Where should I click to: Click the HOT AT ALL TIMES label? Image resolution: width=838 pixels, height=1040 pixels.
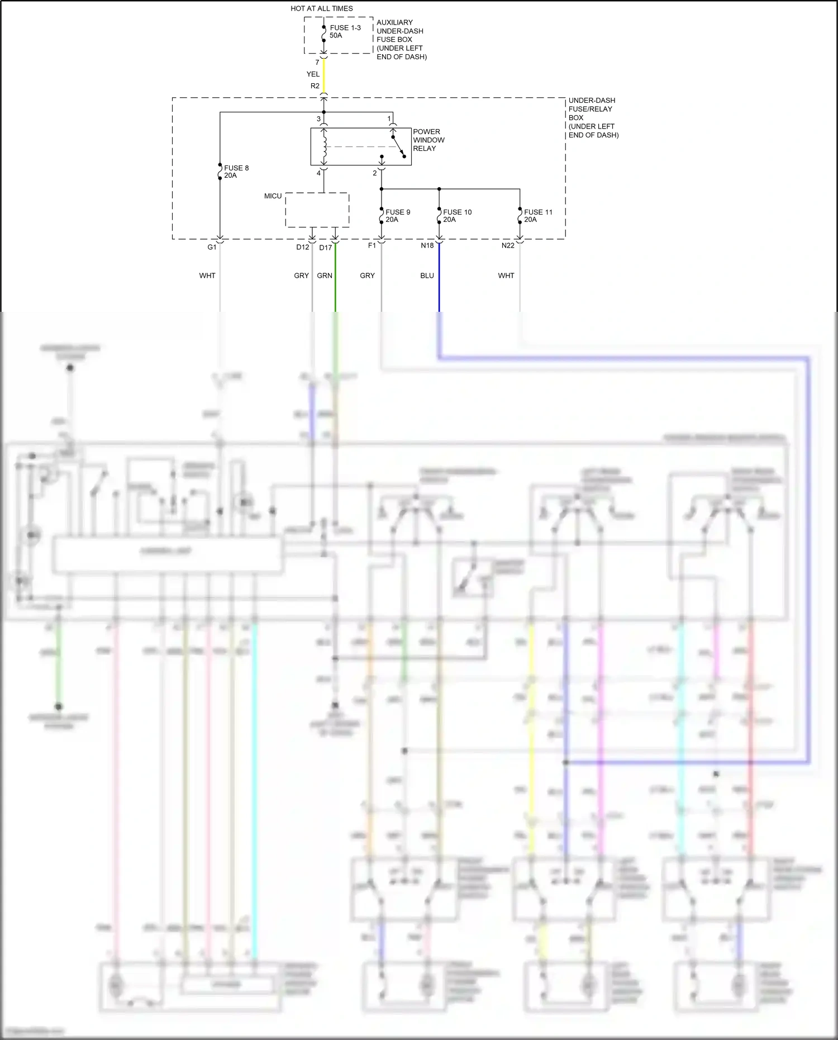[x=321, y=8]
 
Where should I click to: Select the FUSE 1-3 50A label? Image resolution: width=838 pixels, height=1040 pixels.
[x=345, y=31]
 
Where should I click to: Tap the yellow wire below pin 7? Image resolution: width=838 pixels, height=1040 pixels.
[x=323, y=75]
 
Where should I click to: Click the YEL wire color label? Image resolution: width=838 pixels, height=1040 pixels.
[x=313, y=74]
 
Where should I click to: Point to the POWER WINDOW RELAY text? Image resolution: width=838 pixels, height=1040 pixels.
[x=428, y=140]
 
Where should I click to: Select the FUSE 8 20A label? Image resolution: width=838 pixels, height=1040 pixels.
[x=236, y=172]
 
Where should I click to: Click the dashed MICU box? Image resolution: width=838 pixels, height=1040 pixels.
[x=317, y=210]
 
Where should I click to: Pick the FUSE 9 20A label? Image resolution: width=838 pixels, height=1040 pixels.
[x=397, y=216]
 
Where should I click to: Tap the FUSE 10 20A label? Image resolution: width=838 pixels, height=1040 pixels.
[x=456, y=216]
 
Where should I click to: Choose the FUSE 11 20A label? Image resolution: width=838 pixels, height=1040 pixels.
[x=537, y=216]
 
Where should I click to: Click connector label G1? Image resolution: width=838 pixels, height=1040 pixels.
[x=212, y=247]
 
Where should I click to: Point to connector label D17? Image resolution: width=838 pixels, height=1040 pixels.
[x=325, y=248]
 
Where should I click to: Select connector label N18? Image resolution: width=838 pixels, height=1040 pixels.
[x=427, y=246]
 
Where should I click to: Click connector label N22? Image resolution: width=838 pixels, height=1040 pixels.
[x=507, y=246]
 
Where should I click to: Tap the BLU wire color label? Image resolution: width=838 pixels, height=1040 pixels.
[x=427, y=276]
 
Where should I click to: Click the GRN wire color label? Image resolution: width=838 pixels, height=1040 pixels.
[x=325, y=276]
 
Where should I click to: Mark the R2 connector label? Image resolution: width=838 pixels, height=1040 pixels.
[x=315, y=86]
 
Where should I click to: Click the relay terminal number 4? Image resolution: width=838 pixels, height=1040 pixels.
[x=319, y=173]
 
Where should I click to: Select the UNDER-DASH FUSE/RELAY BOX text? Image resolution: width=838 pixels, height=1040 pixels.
[x=593, y=117]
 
